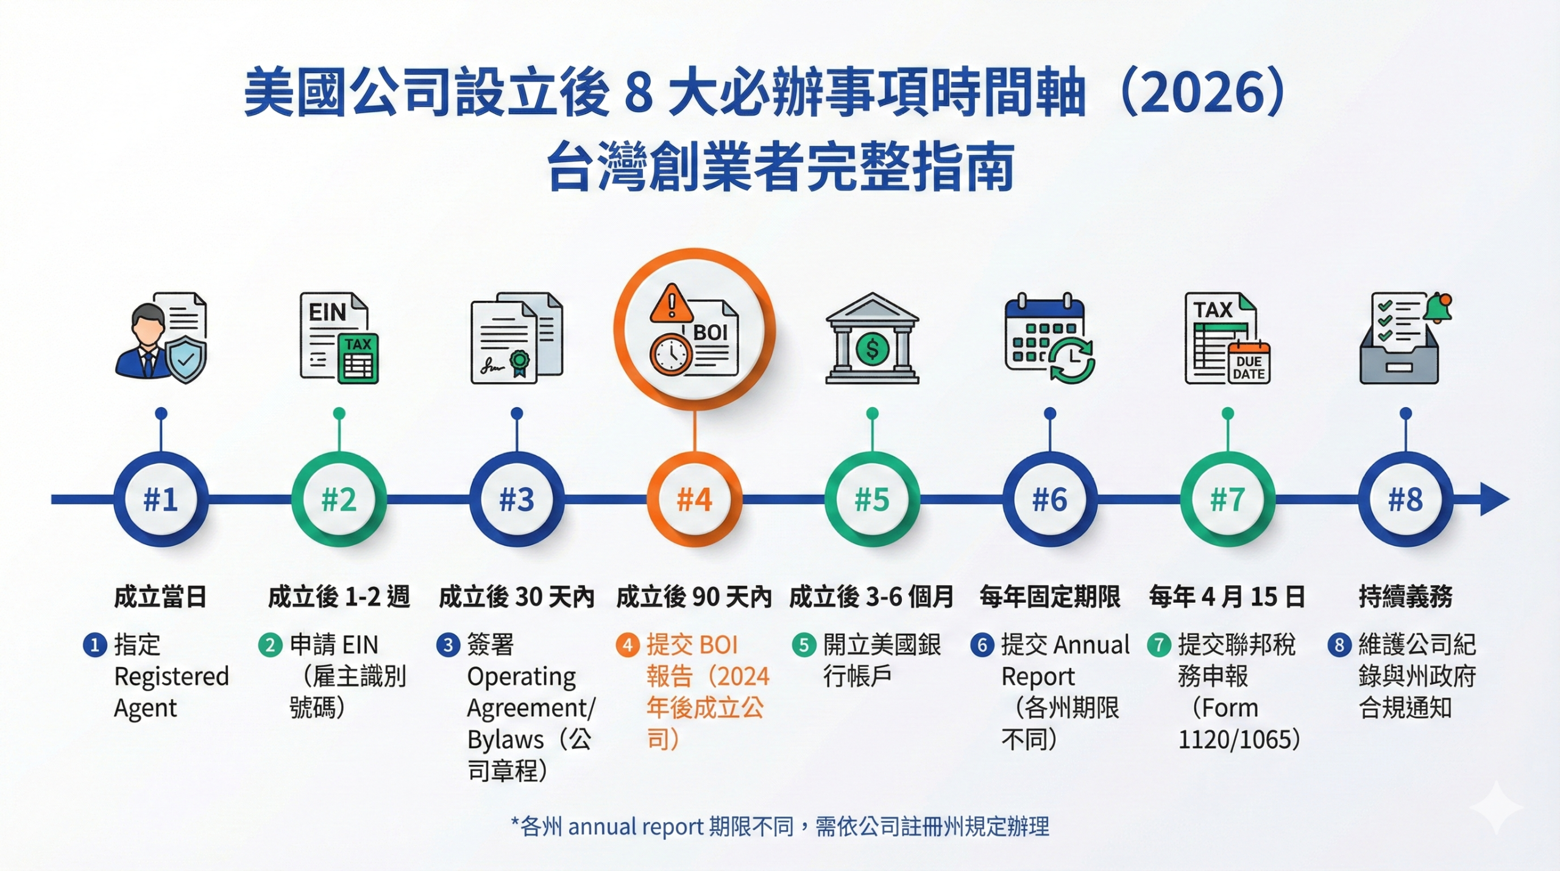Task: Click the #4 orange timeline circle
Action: [x=694, y=500]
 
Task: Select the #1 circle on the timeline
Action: [x=161, y=500]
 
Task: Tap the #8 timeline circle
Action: [x=1405, y=500]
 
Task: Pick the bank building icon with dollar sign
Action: [x=872, y=339]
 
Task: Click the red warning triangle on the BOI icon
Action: [x=671, y=304]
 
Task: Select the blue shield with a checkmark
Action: [x=186, y=361]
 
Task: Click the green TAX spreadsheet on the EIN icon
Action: [x=358, y=358]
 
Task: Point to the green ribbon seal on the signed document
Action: [x=520, y=362]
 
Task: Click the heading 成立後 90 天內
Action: [x=693, y=597]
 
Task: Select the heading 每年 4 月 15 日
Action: [x=1227, y=597]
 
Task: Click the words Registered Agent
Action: [x=171, y=692]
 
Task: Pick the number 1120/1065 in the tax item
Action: [x=1235, y=740]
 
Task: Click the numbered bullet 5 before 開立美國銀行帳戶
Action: [x=804, y=645]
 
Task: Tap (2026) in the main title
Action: [x=1204, y=93]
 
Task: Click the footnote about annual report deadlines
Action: [x=780, y=827]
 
